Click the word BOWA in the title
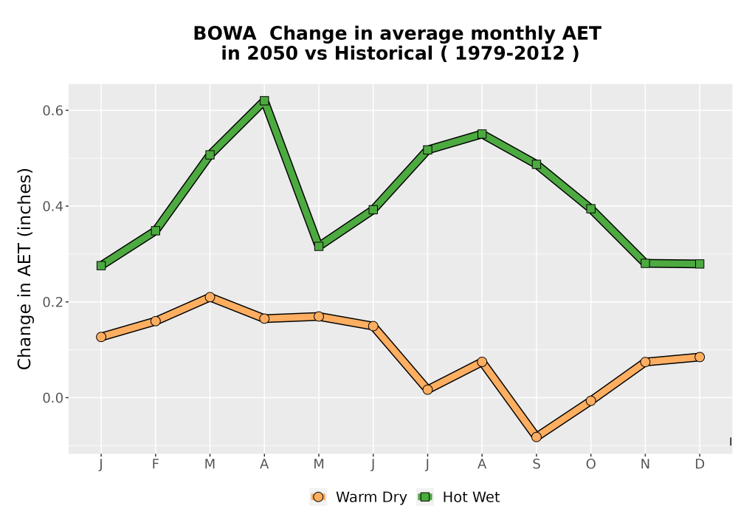(224, 34)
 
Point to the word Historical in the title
(383, 54)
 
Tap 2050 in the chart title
(273, 54)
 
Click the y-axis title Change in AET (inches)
(24, 269)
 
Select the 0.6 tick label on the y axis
(52, 111)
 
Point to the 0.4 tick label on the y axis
(52, 206)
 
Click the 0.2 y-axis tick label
(52, 302)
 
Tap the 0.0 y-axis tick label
(52, 398)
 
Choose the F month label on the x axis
(155, 465)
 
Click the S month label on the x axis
(536, 465)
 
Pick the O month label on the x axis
(590, 465)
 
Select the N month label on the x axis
(645, 465)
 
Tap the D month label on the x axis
(700, 465)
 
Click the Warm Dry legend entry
(359, 497)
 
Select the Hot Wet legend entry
(459, 497)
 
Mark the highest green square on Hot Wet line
(264, 100)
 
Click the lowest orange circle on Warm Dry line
(536, 437)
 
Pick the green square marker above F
(155, 230)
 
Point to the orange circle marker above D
(700, 357)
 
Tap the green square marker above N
(645, 263)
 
